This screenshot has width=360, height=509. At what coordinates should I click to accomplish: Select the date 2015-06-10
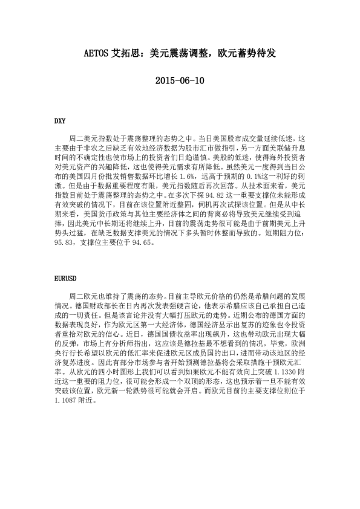(180, 80)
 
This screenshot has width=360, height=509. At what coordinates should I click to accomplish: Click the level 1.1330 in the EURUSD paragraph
(285, 373)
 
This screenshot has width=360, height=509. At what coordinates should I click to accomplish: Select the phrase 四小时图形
(116, 373)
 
